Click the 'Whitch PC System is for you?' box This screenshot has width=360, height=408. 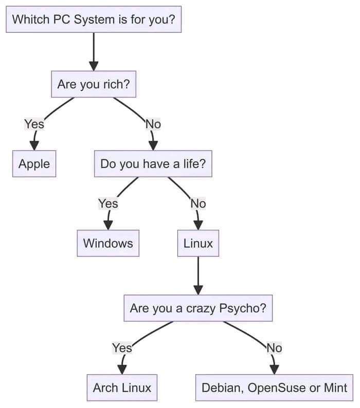point(94,20)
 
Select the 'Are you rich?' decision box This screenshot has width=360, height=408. point(94,84)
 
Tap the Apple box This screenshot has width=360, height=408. point(34,164)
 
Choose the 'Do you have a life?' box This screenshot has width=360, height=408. point(153,164)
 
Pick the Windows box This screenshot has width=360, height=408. point(108,243)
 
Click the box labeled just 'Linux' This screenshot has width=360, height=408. point(198,243)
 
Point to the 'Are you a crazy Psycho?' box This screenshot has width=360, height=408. point(198,308)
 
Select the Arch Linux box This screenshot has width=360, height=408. point(122,387)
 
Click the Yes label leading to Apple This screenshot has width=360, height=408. point(34,124)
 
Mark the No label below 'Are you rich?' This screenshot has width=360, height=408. point(153,124)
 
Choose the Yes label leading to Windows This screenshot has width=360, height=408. point(108,203)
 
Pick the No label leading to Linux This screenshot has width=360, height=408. point(198,203)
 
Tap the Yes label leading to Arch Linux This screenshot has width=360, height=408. point(122,348)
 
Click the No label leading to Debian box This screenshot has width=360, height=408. point(274,348)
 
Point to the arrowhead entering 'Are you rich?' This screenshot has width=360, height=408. point(94,65)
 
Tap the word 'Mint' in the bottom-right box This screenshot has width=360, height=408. point(335,387)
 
